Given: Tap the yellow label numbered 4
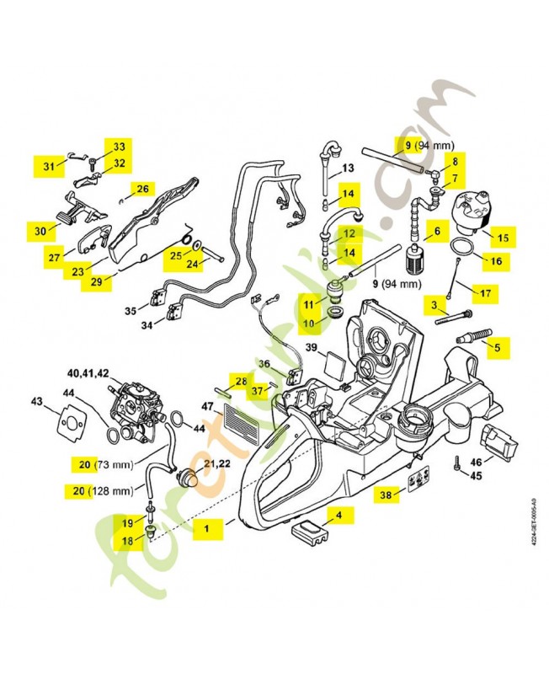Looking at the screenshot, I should pos(339,513).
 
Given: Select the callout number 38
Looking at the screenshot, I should pos(386,496).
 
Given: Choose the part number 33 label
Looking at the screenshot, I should pos(119,147).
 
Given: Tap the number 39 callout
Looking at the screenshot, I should pos(311,347).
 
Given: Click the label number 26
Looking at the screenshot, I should pos(143,189).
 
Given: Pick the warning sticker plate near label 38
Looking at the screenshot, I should pos(418,483).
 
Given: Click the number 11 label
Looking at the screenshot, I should pos(310,304).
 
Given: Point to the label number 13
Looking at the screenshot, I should pos(347,168).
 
